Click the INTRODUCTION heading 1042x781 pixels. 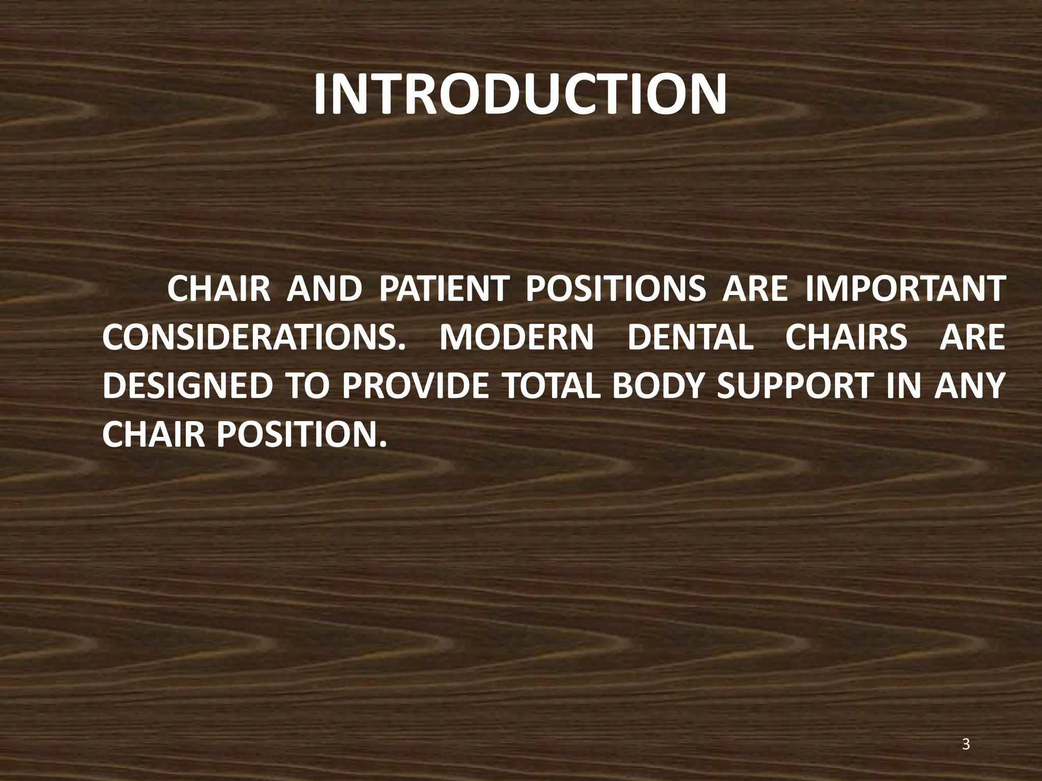520,96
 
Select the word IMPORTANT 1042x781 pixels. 905,290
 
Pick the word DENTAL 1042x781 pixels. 690,338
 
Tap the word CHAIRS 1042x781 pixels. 846,338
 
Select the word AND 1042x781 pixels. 324,290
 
